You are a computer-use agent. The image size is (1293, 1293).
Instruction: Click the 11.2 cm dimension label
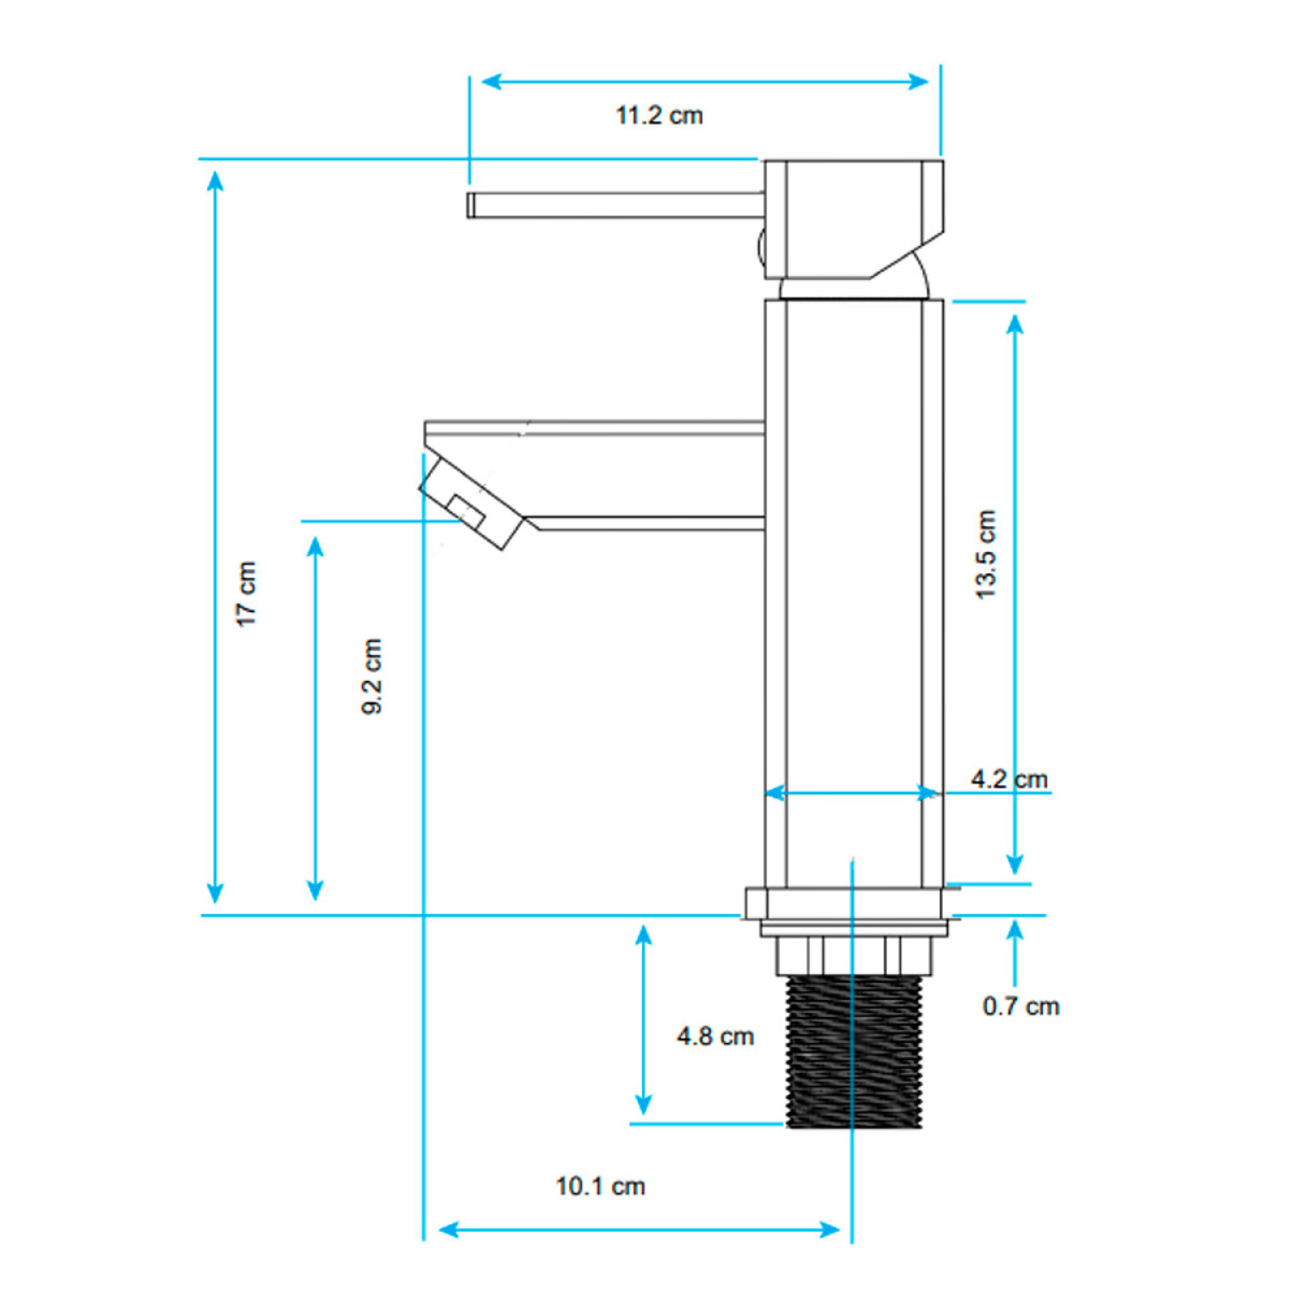coord(659,116)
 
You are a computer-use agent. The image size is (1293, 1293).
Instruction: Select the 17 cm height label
coord(247,594)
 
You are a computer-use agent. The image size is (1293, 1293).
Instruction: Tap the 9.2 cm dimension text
coord(372,677)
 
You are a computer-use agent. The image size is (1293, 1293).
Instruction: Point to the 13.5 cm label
coord(985,554)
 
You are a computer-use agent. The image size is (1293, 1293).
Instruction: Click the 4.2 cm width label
coord(1009,779)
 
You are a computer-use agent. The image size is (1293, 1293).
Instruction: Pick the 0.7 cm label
coord(1021,1006)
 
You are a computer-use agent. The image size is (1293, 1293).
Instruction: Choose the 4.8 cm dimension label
coord(715,1036)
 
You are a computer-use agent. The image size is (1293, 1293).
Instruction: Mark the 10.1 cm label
coord(601,1186)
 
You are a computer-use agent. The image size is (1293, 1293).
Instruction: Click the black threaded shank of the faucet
coord(854,1051)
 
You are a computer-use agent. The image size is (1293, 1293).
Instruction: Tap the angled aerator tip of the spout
coord(472,502)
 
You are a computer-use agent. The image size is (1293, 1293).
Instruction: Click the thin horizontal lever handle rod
coord(615,205)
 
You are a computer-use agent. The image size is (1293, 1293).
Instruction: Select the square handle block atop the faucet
coord(853,219)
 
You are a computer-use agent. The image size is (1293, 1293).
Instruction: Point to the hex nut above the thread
coord(854,956)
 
